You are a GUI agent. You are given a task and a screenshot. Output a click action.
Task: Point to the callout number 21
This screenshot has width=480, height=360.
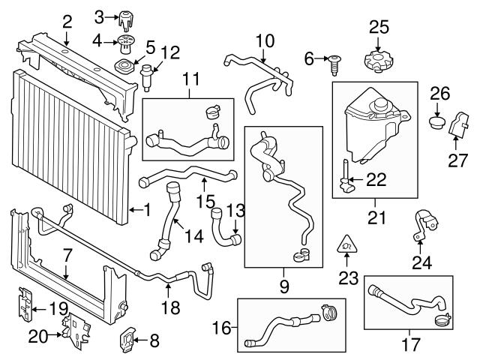(373, 218)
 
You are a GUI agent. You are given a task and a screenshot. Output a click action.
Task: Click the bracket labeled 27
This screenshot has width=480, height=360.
(457, 127)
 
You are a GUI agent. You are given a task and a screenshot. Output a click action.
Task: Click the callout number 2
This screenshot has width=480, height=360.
(67, 21)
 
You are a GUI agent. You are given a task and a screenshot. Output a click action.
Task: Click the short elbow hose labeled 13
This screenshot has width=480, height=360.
(226, 229)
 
